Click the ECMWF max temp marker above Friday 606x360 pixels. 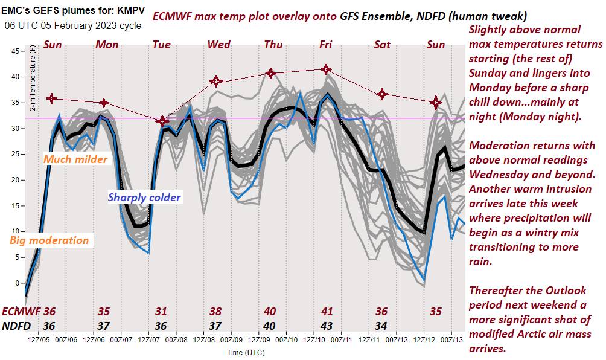[x=326, y=69]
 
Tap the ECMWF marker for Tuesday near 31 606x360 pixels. [x=161, y=121]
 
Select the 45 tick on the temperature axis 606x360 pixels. [x=16, y=51]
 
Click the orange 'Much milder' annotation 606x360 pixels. [x=75, y=159]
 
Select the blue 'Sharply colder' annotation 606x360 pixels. [x=144, y=197]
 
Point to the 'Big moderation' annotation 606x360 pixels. [x=49, y=240]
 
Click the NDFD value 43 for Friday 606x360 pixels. [x=327, y=326]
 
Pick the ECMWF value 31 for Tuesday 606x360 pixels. [x=161, y=312]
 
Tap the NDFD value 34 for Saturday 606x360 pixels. [x=381, y=326]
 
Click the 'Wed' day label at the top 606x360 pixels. [x=218, y=44]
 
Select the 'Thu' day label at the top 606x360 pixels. [x=273, y=44]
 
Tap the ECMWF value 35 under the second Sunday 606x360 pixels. [x=436, y=312]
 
